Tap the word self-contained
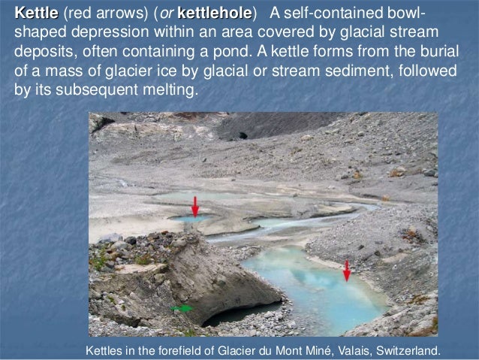point(336,16)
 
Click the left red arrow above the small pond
point(194,206)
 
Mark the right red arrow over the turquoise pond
point(346,270)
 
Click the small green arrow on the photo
point(182,308)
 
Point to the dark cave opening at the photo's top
point(242,136)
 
